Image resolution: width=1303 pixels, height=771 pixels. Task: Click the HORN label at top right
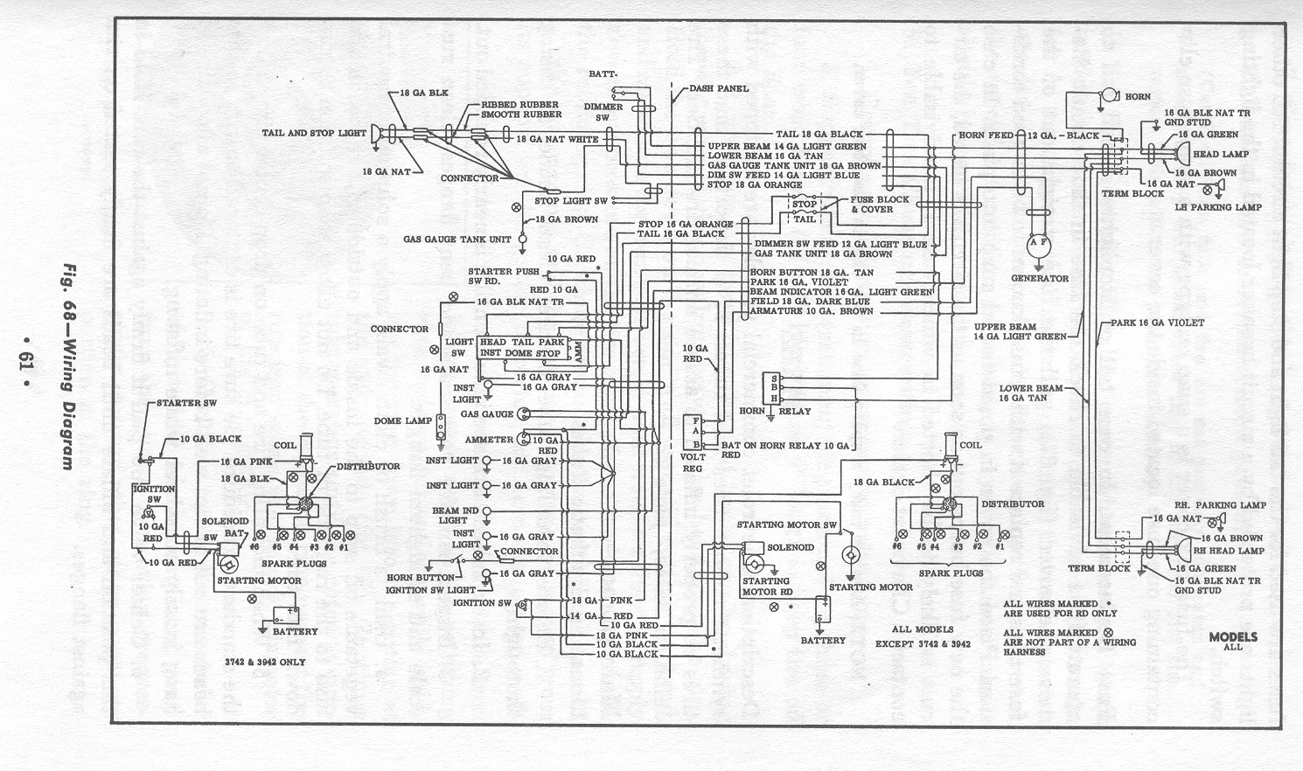click(1138, 96)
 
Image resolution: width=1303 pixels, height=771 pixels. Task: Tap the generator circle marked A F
click(1039, 246)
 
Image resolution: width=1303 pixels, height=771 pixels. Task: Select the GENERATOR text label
click(1040, 278)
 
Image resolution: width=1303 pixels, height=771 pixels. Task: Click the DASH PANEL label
click(719, 88)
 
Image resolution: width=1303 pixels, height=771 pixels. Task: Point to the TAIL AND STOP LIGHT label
click(314, 133)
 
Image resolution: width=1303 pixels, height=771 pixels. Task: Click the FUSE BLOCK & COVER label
click(880, 205)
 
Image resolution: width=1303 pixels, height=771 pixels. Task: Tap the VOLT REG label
click(693, 462)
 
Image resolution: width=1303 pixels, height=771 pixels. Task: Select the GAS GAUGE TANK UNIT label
click(457, 239)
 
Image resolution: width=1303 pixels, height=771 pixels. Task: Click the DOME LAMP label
click(403, 420)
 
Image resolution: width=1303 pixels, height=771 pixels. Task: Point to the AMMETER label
click(489, 439)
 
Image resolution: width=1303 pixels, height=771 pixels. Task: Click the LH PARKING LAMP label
click(1224, 207)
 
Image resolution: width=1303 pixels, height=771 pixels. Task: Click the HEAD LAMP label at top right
click(1221, 154)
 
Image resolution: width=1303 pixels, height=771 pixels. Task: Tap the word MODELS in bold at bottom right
click(1233, 636)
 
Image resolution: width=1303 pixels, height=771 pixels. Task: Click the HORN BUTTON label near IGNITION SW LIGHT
click(421, 577)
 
